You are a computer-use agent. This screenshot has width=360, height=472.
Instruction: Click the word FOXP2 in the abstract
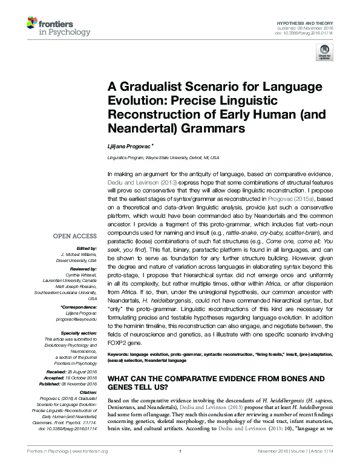pos(118,342)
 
